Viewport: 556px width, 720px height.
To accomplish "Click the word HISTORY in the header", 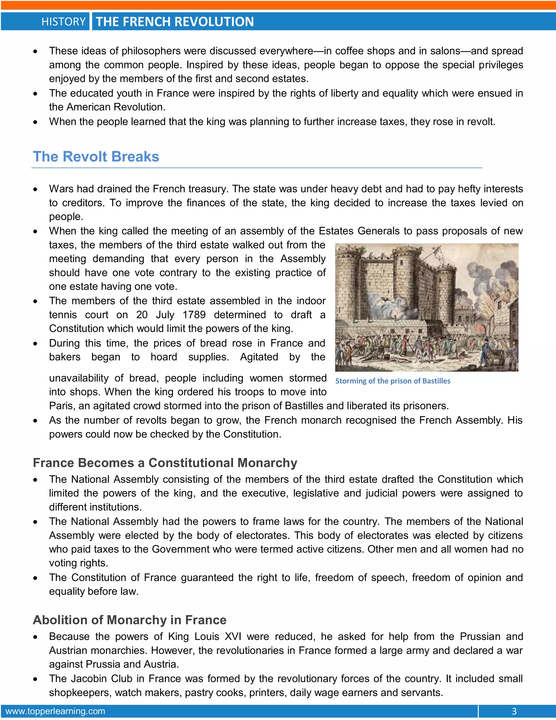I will tap(63, 22).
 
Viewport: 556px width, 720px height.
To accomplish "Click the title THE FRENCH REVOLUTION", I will tap(175, 22).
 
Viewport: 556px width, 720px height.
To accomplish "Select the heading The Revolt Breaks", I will tap(96, 156).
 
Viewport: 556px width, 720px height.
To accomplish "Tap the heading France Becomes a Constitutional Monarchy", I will tap(165, 463).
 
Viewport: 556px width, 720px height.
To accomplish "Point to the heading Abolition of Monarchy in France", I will tap(129, 620).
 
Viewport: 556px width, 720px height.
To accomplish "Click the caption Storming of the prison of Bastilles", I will tap(393, 381).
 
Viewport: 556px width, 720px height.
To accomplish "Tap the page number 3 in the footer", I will tap(514, 711).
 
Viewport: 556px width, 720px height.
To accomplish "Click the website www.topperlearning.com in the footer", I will tap(55, 711).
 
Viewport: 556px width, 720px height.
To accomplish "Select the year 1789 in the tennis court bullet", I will tap(194, 315).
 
